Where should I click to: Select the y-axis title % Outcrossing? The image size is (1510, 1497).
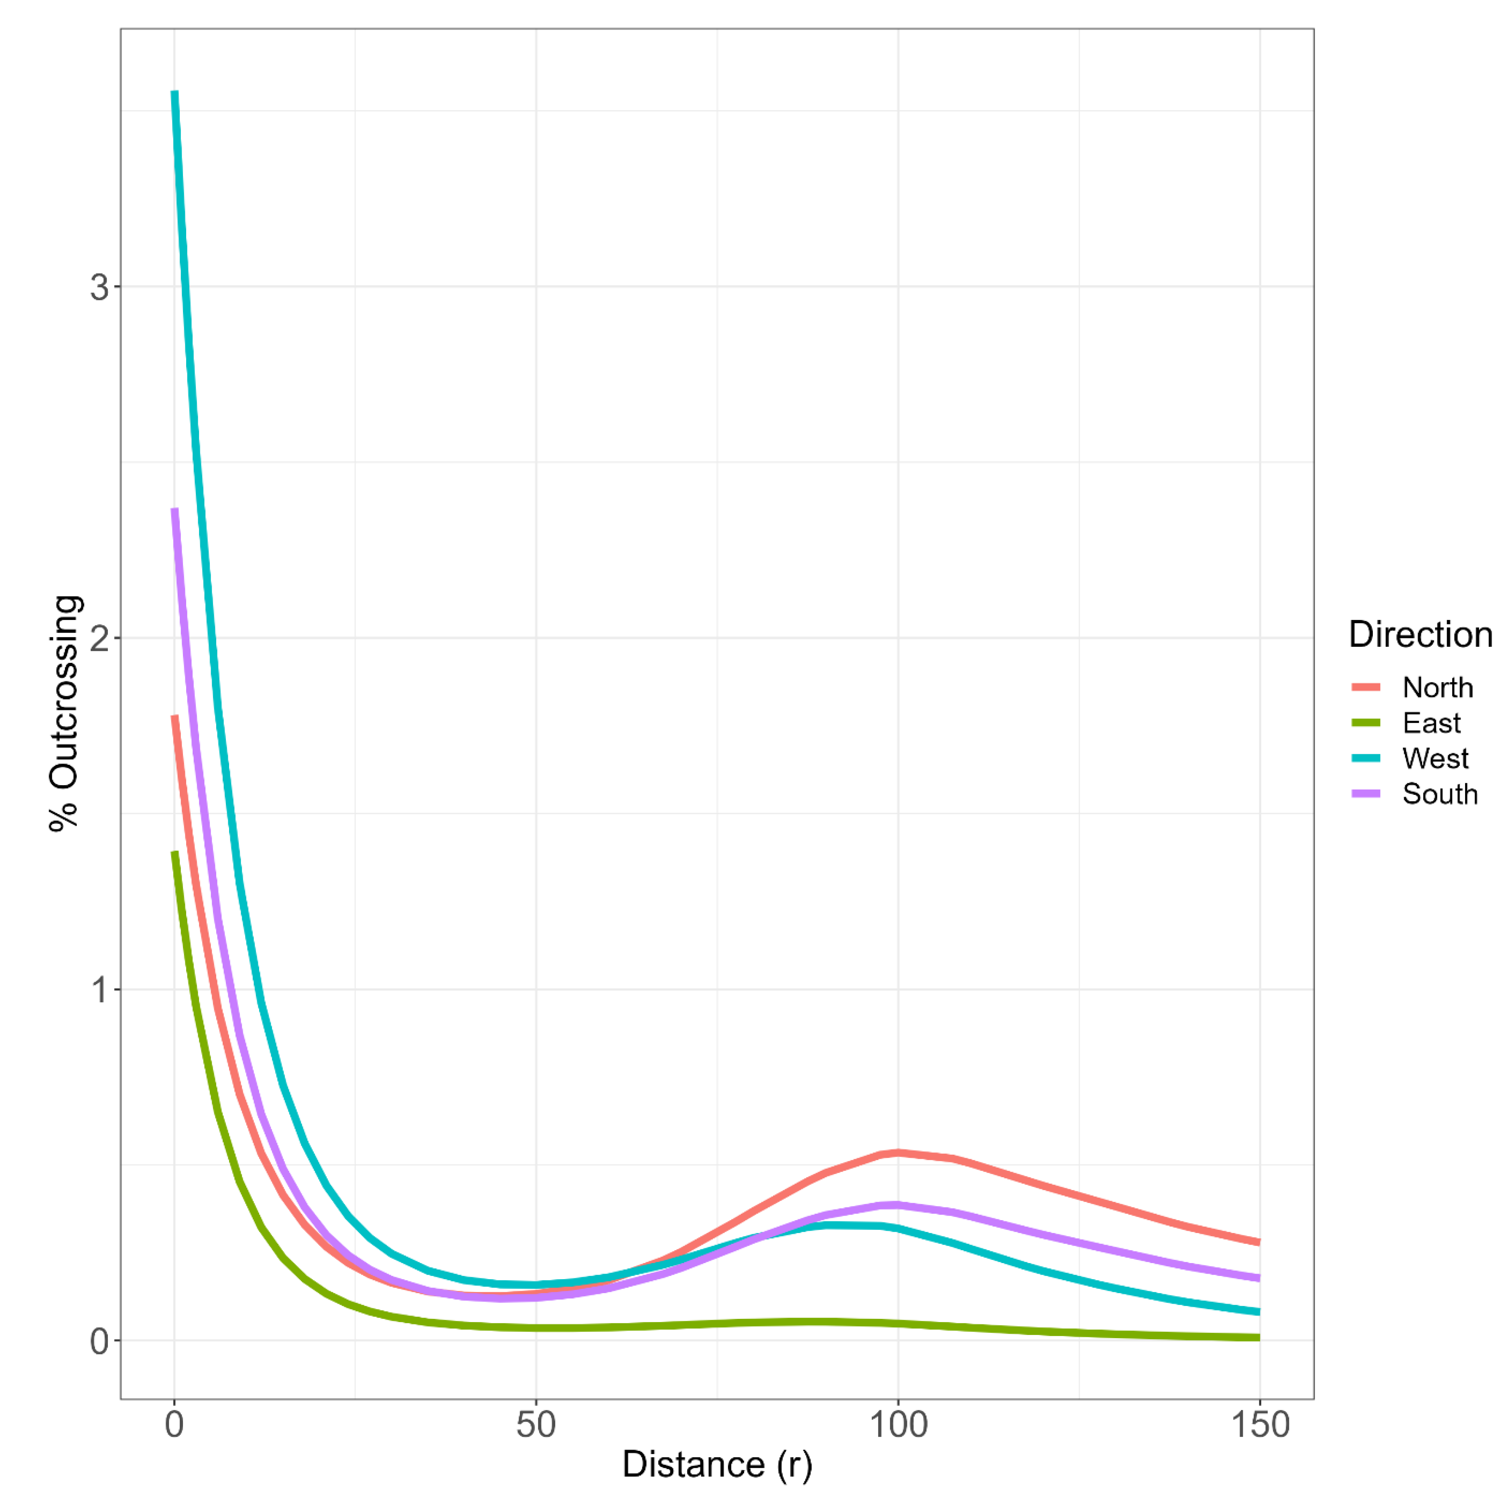(64, 713)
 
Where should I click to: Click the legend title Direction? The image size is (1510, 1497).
(1420, 634)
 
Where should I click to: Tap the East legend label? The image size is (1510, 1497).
(1431, 723)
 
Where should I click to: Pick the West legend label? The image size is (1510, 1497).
(1435, 758)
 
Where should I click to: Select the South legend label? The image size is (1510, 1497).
(1440, 794)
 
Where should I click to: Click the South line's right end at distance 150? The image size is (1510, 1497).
(1258, 1278)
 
